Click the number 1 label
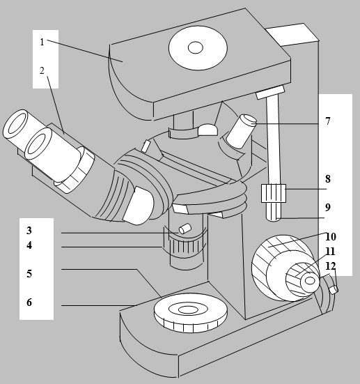[42, 42]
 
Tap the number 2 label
[42, 70]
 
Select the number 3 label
[29, 231]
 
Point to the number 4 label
[29, 245]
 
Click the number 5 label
[29, 274]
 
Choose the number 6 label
[29, 302]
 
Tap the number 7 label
[328, 121]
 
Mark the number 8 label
[328, 179]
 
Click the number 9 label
[328, 207]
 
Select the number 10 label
[331, 236]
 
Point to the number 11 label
[330, 252]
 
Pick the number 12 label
[331, 266]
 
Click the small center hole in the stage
[195, 47]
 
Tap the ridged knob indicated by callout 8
[274, 193]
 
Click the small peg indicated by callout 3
[185, 229]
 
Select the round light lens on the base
[191, 313]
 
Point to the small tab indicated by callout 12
[334, 289]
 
